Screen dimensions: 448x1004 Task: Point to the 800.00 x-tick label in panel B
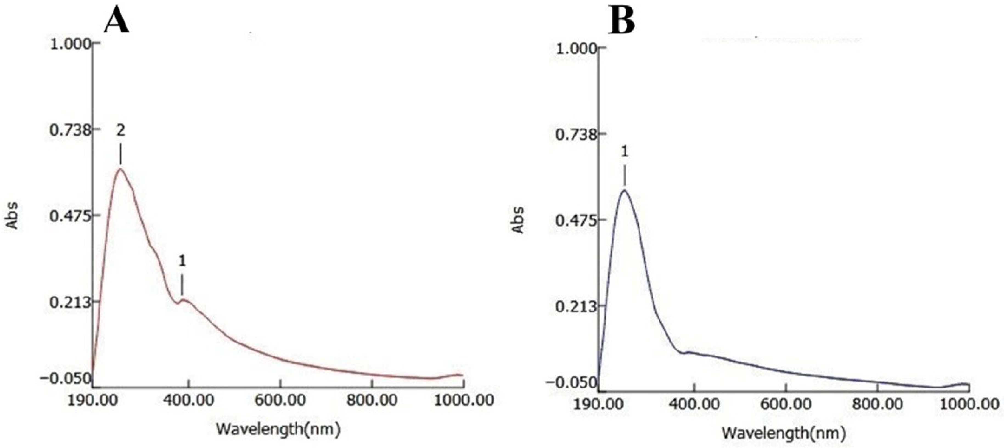tap(877, 404)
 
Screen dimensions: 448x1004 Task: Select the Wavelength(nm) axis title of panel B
tap(784, 433)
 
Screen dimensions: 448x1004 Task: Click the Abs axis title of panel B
tap(518, 220)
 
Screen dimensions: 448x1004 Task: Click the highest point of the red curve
tap(120, 169)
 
